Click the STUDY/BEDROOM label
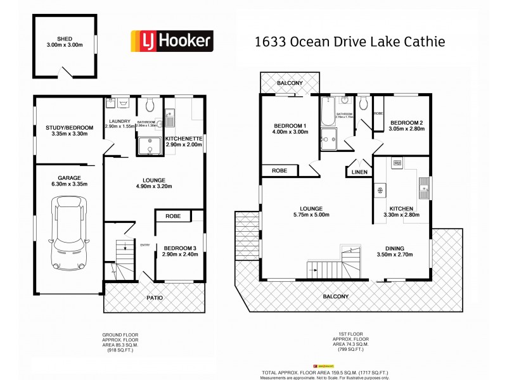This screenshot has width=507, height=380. coord(70,128)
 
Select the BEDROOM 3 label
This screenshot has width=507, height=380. coord(181,248)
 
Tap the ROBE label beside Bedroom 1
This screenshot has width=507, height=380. coord(279,170)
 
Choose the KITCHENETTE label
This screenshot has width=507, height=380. coord(184,138)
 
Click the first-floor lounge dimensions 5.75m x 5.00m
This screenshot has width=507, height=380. coord(312,215)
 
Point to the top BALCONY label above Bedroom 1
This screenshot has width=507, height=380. coord(289,83)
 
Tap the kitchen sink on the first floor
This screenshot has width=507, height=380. coord(423,186)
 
